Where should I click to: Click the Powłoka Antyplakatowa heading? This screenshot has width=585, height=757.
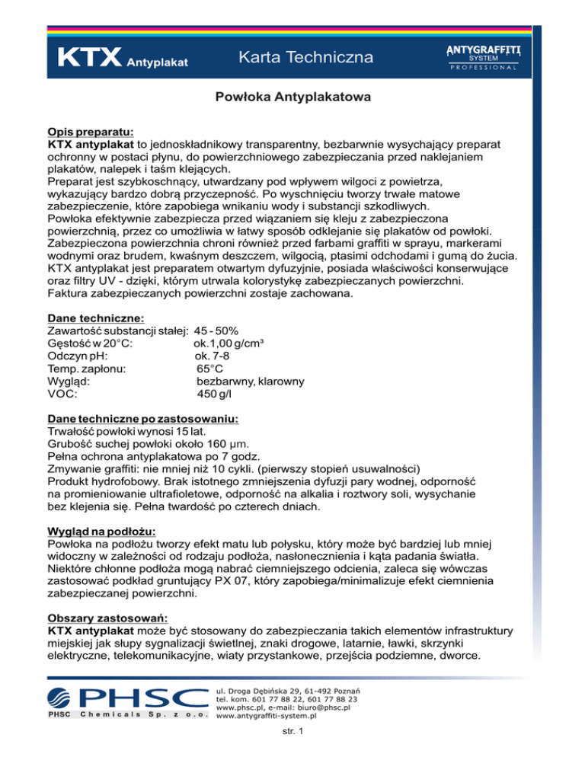(x=292, y=97)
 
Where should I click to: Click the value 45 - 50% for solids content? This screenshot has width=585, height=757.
(x=216, y=331)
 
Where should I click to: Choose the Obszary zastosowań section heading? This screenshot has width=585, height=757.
(x=108, y=618)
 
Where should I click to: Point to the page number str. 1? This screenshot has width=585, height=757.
(x=292, y=733)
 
